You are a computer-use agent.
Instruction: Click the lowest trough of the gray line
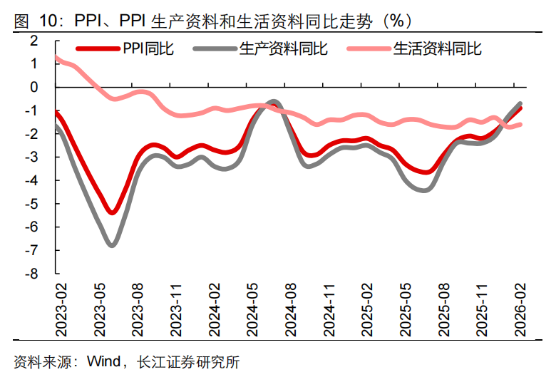click(x=112, y=245)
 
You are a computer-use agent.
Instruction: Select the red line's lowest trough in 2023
click(x=112, y=212)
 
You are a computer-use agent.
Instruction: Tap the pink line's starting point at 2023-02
click(x=56, y=57)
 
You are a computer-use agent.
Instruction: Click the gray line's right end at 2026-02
click(x=520, y=104)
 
